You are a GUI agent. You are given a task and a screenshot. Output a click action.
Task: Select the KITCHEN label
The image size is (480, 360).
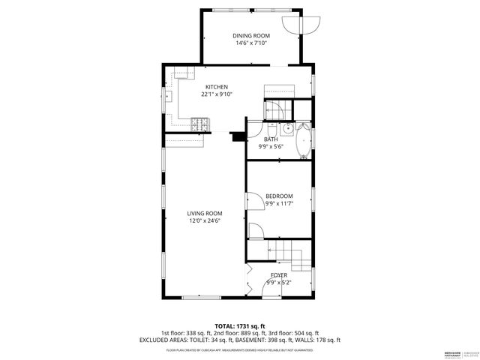[x=216, y=87]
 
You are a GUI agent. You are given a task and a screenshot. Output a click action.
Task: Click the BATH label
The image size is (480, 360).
[x=271, y=139]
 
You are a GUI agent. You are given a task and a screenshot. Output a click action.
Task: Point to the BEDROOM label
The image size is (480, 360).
[x=279, y=196]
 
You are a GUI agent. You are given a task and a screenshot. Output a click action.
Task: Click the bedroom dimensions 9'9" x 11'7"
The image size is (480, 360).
[x=279, y=203]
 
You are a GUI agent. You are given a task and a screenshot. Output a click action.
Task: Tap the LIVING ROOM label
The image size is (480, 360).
[x=205, y=214]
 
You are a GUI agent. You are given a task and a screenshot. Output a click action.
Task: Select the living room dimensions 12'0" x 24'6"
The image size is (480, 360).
[x=205, y=221]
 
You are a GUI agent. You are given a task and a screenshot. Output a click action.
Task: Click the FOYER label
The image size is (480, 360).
[x=278, y=275]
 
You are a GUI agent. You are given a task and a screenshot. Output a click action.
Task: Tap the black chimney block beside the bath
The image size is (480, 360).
[x=238, y=136]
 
